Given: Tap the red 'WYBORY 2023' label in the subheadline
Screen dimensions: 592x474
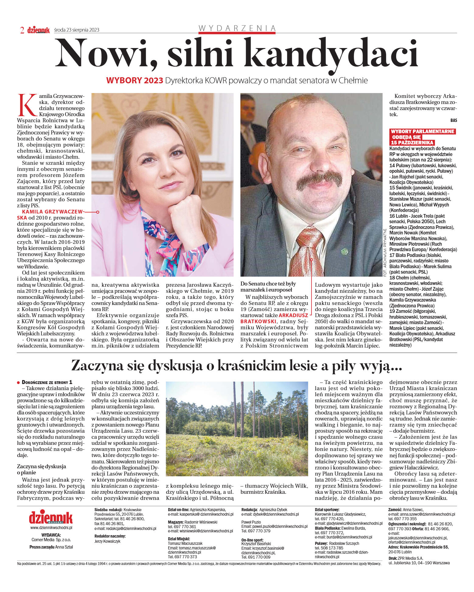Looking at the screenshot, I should [134, 81].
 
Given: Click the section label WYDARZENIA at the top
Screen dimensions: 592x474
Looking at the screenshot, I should [237, 28].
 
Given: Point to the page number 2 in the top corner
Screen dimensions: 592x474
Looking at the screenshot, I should [22, 30].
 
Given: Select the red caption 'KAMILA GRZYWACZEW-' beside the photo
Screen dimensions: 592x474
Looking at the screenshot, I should [52, 212].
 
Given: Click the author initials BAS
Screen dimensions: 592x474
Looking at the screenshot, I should [453, 120].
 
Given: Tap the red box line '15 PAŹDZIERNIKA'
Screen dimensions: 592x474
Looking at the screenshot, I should [412, 143].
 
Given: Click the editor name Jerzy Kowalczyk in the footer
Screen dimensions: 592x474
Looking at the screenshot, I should [107, 541].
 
